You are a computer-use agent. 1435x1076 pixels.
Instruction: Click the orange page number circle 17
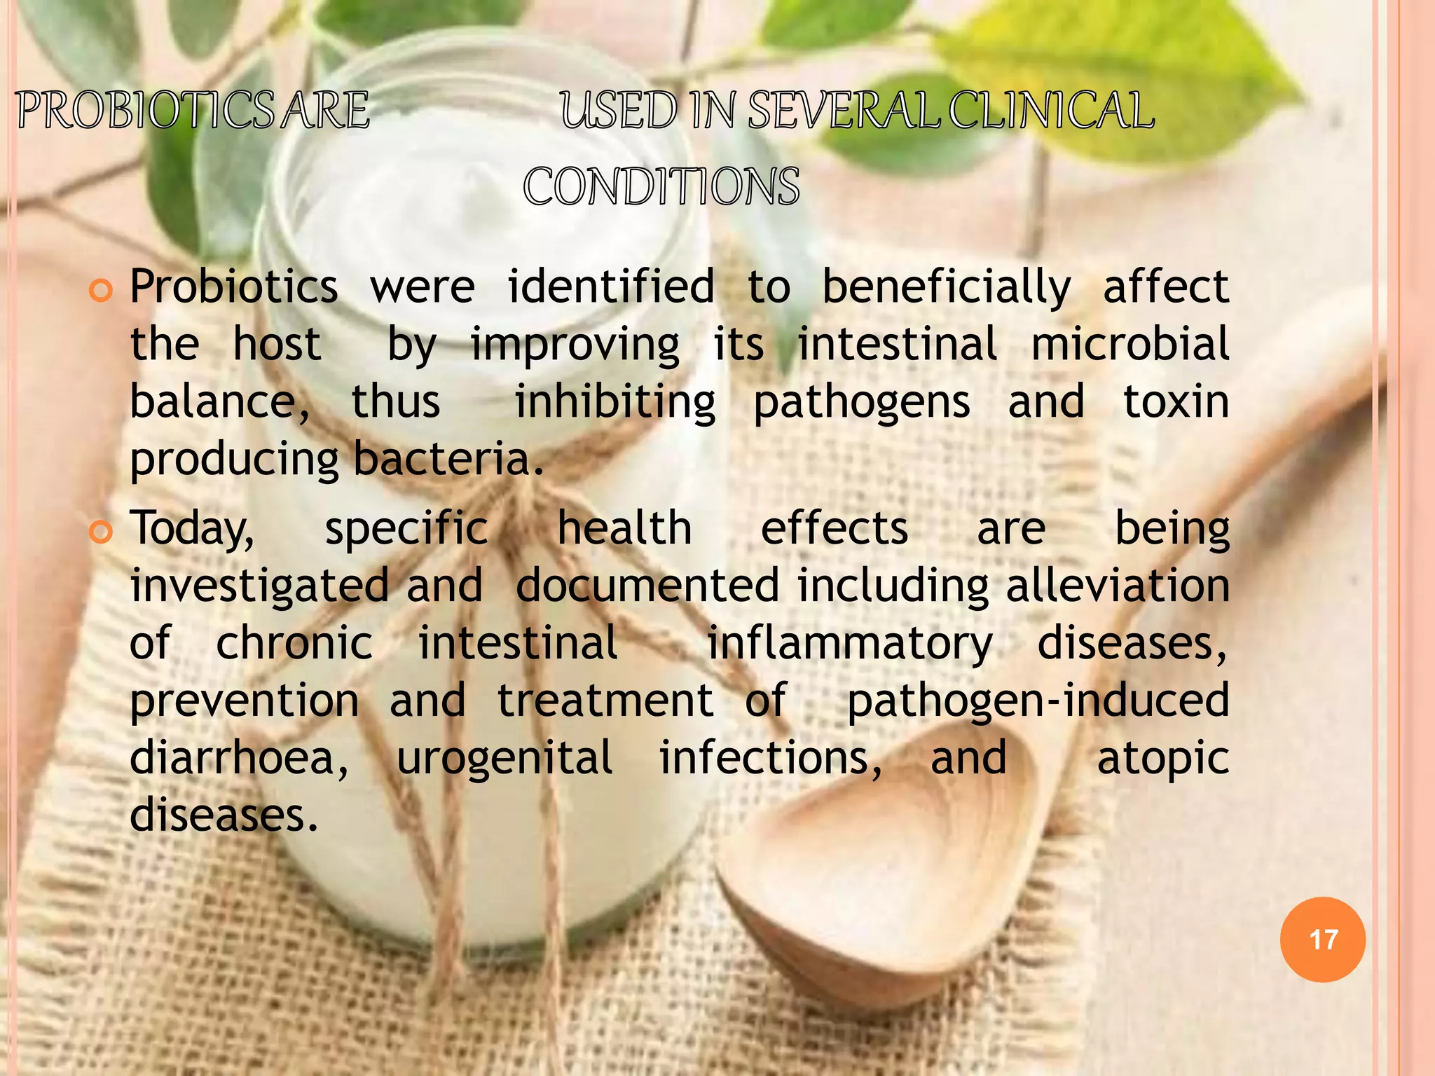[1322, 939]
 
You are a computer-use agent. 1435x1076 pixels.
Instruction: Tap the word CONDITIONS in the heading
[661, 187]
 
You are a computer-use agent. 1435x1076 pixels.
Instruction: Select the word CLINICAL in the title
[1051, 111]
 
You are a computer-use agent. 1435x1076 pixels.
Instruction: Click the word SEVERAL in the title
[844, 111]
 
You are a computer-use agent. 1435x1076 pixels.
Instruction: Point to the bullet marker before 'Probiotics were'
[101, 289]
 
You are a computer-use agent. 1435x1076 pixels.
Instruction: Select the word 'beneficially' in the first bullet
[946, 288]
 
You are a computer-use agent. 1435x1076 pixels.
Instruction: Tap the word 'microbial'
[1130, 345]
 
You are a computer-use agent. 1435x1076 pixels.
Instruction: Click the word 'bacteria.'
[448, 460]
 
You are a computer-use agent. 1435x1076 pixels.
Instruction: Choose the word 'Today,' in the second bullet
[192, 530]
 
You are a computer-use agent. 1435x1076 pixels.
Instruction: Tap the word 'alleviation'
[1118, 586]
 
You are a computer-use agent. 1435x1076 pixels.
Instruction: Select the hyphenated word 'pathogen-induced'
[1038, 701]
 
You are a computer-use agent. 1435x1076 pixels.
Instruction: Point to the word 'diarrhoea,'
[239, 759]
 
